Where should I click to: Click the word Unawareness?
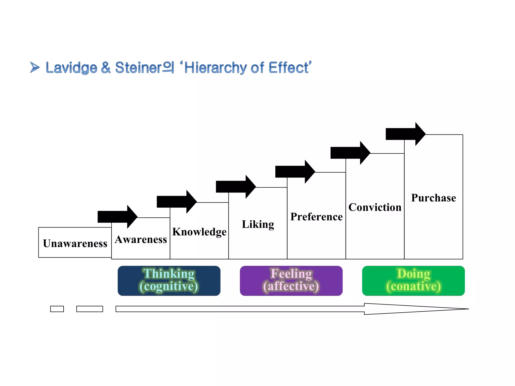75,243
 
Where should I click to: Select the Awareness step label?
141,239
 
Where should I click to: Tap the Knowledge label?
199,232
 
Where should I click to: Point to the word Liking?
258,224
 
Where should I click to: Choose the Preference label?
316,217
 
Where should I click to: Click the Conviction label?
375,207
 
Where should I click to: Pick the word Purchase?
434,198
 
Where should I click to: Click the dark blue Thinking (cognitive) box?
169,281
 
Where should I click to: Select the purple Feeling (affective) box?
291,281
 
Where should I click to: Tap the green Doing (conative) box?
413,281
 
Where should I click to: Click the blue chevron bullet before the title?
35,67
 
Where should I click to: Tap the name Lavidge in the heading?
71,68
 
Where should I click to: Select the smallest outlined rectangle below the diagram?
57,309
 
